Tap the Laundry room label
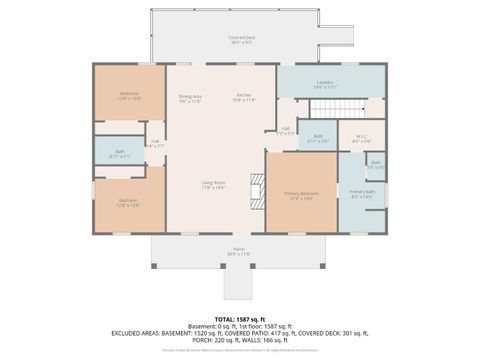[x=324, y=84]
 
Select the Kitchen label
[x=243, y=98]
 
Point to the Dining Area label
[x=190, y=98]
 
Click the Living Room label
[x=212, y=184]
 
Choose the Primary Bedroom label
[x=301, y=193]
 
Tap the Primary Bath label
[x=361, y=193]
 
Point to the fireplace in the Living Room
[x=258, y=187]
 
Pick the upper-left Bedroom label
[x=129, y=95]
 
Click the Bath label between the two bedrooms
[x=117, y=153]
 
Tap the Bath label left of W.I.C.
[x=317, y=138]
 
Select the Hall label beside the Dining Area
[x=155, y=143]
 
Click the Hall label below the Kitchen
[x=285, y=130]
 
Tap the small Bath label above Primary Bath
[x=376, y=164]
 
